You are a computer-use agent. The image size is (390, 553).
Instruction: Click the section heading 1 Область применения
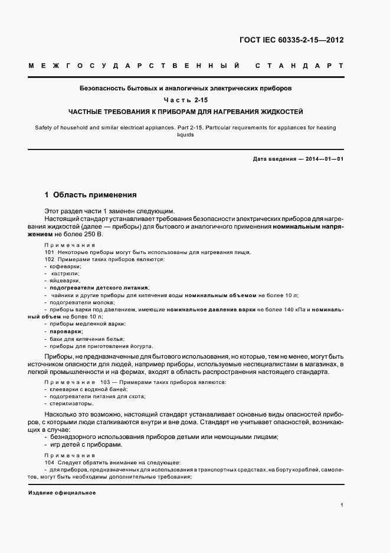click(x=90, y=194)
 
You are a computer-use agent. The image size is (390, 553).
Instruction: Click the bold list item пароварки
click(x=66, y=332)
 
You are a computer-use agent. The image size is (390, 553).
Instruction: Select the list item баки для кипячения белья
click(x=87, y=339)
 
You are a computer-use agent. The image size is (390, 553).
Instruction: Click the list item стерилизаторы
click(x=71, y=404)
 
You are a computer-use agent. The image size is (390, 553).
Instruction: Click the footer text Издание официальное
click(x=62, y=493)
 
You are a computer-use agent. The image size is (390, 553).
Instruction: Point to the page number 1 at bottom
click(x=342, y=505)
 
